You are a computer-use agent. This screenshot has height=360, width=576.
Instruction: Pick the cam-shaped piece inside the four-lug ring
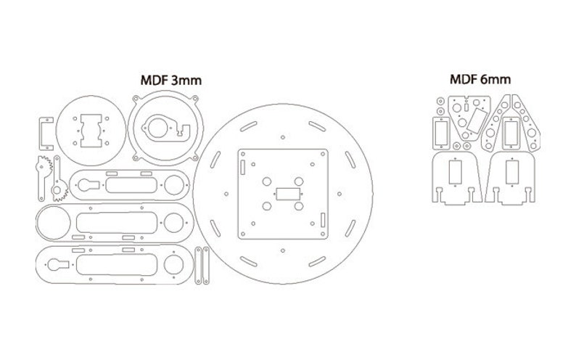pyautogui.click(x=165, y=127)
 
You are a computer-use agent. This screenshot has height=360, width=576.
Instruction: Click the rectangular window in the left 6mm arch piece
pyautogui.click(x=455, y=173)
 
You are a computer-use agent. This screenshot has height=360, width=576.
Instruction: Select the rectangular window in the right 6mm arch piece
pyautogui.click(x=513, y=173)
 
